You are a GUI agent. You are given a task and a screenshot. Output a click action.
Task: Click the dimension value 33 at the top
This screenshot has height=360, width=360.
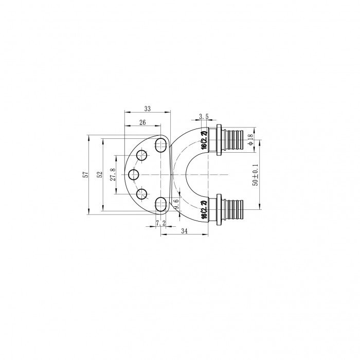point(147,109)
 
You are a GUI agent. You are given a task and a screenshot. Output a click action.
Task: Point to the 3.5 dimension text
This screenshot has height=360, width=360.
point(202,117)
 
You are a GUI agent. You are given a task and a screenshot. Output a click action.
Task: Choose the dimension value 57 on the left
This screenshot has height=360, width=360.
point(85,175)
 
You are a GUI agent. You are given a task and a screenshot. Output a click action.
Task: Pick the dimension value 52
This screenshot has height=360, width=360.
point(99,175)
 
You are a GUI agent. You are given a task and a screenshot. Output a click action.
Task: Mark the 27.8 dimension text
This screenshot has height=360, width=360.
point(113,175)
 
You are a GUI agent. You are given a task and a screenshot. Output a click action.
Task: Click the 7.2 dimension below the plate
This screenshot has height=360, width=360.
point(160,223)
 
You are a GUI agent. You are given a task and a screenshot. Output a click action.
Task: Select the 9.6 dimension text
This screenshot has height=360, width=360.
point(176,204)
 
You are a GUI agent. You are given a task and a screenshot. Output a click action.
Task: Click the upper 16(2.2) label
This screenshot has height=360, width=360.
point(204,140)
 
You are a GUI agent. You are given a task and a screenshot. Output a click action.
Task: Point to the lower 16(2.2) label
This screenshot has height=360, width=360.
point(204,210)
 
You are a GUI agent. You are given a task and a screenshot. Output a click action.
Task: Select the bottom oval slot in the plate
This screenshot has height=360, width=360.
point(161,202)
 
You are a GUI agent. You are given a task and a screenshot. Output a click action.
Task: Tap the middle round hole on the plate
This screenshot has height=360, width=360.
point(134,175)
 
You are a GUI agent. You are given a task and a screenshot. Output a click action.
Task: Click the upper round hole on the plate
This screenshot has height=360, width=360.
point(142,155)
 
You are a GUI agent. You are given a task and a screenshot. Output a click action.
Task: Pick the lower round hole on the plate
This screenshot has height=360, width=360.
point(142,194)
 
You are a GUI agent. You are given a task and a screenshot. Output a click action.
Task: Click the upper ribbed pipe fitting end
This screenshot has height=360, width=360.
point(236,139)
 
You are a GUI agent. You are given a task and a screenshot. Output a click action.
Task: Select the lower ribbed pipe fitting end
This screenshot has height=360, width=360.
point(236,208)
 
